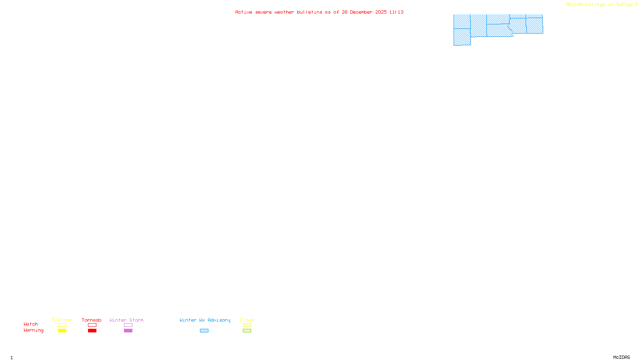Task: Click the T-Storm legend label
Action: click(62, 320)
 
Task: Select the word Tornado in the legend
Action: click(92, 320)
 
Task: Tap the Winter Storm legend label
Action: click(126, 320)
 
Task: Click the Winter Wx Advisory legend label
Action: click(205, 320)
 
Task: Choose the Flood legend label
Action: click(247, 320)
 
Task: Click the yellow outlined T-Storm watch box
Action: click(62, 325)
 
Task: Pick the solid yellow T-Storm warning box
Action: click(62, 331)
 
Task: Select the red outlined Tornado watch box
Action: click(92, 325)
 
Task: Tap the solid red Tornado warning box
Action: click(92, 331)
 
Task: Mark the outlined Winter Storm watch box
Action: click(128, 325)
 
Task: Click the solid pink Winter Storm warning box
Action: click(128, 331)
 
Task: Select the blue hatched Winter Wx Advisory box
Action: click(204, 331)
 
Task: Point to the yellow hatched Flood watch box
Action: click(247, 325)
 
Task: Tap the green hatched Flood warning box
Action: click(247, 331)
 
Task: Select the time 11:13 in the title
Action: click(396, 12)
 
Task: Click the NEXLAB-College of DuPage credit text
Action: click(600, 4)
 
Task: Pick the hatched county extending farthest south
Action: click(462, 37)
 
